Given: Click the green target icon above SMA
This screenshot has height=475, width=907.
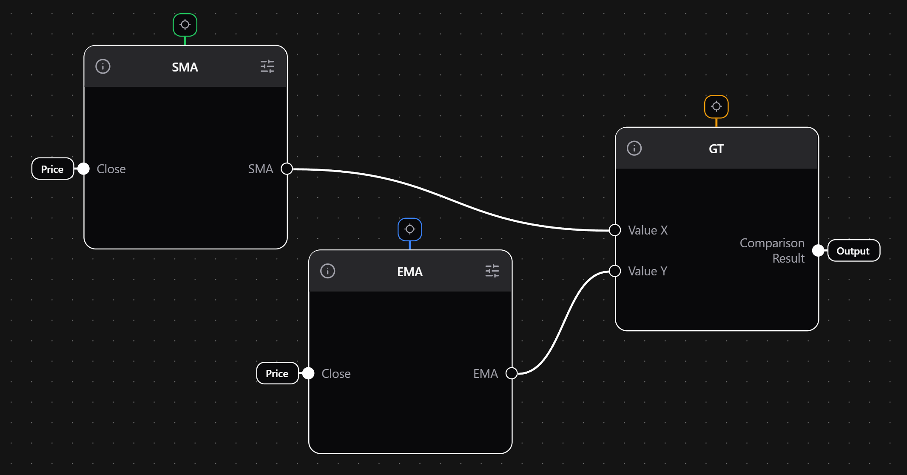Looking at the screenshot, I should point(185,25).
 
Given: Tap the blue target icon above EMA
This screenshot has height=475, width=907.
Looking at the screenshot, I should point(409,229).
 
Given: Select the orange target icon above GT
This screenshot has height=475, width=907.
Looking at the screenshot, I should point(716,106).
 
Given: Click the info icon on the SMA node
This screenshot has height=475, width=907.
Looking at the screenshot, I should point(103,66).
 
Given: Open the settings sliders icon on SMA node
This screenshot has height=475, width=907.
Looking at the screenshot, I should point(267,66).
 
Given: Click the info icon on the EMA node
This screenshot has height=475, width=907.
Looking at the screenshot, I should point(327,271).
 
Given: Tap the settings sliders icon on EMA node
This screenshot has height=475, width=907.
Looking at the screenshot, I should point(492,271).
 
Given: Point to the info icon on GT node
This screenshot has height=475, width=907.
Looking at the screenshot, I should point(634,149).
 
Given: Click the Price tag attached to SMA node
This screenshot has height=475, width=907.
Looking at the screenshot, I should point(52,169).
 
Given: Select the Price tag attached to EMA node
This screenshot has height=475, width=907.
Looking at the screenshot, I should point(277,373).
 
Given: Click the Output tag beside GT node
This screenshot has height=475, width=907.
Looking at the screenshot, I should point(853,251).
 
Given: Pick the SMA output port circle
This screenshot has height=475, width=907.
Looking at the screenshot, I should point(287,169).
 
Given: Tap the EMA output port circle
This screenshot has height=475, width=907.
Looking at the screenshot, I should point(512,373).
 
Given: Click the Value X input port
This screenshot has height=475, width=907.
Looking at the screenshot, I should point(615,230).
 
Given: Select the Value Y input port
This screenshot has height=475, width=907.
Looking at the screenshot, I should point(615,271).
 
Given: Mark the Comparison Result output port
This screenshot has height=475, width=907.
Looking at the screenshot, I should point(818,251).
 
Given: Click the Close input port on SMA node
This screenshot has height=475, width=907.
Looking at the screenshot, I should point(84,169).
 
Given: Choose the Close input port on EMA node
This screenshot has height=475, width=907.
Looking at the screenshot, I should point(308,373).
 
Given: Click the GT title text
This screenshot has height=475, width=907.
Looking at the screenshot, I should point(716,149).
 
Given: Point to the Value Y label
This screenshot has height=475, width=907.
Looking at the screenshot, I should point(648,271).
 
